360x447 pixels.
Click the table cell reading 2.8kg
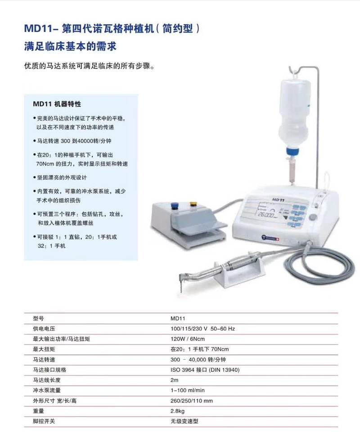point(178,411)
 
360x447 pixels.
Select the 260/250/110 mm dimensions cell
point(192,401)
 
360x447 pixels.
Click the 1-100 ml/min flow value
point(188,390)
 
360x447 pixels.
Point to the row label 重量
point(39,411)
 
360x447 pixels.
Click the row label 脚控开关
point(44,421)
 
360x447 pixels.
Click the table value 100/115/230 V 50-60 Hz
point(202,328)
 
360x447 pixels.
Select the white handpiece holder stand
point(238,279)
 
